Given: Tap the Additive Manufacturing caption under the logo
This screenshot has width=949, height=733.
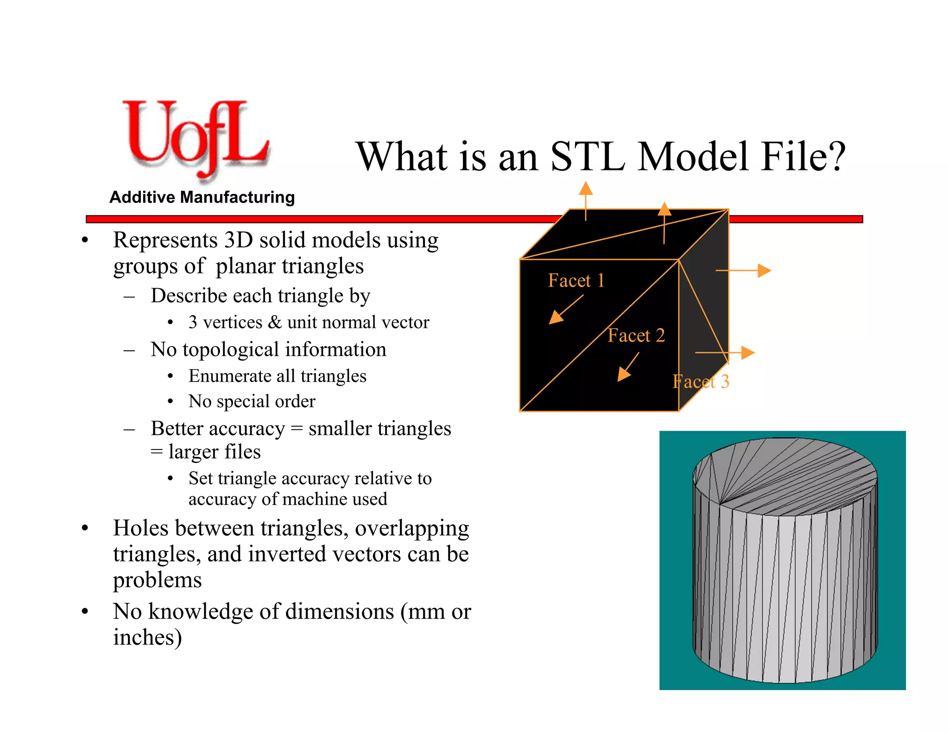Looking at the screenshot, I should pyautogui.click(x=202, y=197).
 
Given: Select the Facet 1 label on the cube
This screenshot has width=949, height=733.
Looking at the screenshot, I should pyautogui.click(x=576, y=281).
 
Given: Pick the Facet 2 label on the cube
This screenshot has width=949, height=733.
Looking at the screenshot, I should pyautogui.click(x=636, y=335).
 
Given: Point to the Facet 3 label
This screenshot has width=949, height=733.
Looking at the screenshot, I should pyautogui.click(x=701, y=382).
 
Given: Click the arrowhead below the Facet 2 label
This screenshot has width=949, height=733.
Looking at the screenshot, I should pyautogui.click(x=624, y=374).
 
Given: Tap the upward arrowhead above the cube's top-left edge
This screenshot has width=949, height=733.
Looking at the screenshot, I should pyautogui.click(x=586, y=188).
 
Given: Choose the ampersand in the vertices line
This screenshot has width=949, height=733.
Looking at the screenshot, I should pyautogui.click(x=274, y=322).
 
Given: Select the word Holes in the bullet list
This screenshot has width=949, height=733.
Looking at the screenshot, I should pyautogui.click(x=138, y=528).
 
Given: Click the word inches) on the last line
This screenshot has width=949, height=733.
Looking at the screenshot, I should pyautogui.click(x=147, y=637).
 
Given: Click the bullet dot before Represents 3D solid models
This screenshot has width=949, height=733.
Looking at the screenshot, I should pyautogui.click(x=85, y=240).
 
